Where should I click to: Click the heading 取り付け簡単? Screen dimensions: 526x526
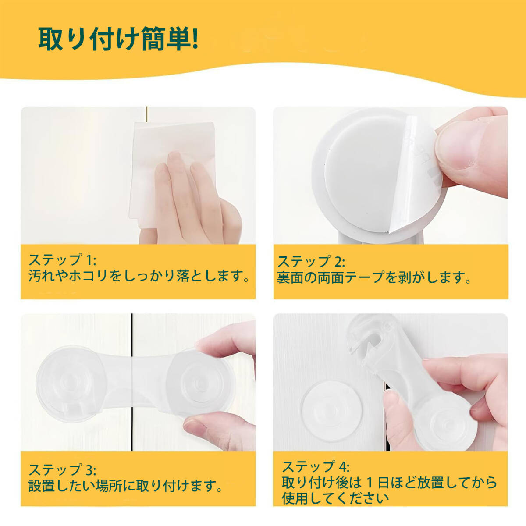click(118, 39)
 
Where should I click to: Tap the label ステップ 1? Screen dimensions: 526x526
click(62, 259)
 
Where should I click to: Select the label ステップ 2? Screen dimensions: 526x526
click(311, 262)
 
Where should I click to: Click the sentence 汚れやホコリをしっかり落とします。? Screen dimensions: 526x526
click(139, 276)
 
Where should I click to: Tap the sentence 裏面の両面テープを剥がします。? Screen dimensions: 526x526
click(374, 277)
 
